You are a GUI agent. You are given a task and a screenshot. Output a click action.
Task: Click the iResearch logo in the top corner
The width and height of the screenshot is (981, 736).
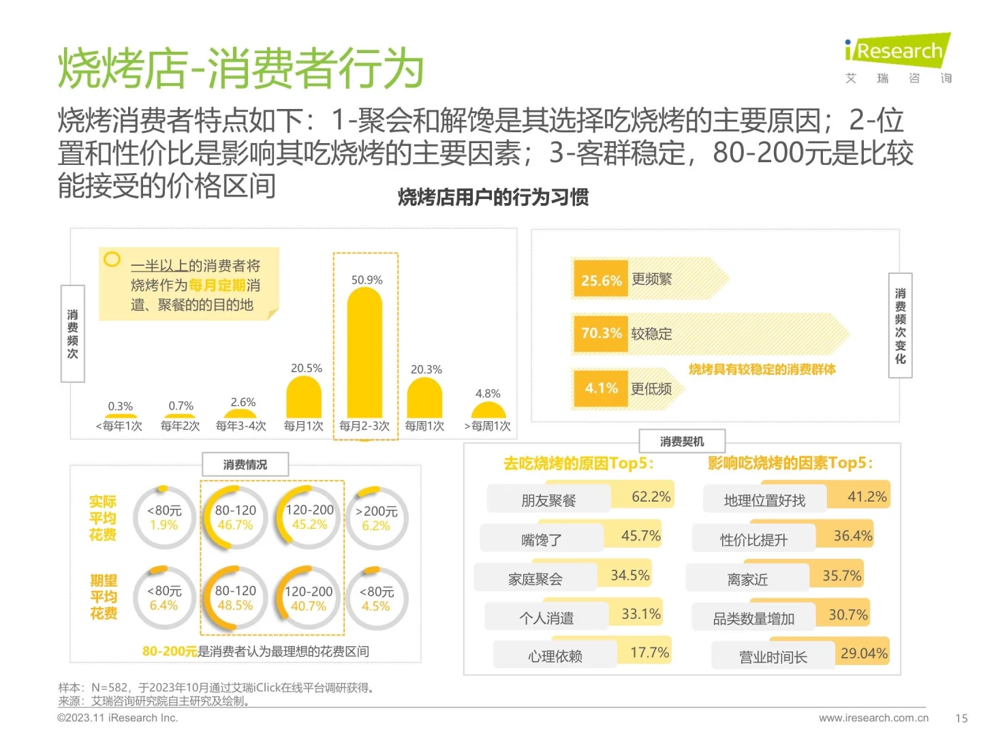click(897, 52)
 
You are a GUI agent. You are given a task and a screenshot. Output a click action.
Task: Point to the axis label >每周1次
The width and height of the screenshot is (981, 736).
click(487, 426)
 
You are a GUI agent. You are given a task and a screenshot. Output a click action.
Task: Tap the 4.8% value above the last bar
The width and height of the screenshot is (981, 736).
click(488, 394)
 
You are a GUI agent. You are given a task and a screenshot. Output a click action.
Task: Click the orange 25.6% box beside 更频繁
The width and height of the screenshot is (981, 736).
click(600, 280)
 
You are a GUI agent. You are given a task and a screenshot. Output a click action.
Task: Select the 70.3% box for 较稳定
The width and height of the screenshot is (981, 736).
click(600, 333)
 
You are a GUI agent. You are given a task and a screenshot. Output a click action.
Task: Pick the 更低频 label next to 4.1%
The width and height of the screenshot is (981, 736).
click(651, 388)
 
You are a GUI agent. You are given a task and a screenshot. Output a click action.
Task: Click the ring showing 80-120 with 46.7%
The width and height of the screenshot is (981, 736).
click(235, 518)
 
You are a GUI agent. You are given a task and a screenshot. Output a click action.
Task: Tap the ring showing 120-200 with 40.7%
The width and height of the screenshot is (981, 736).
click(309, 598)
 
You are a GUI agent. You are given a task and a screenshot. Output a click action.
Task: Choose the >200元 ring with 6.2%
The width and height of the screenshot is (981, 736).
click(376, 518)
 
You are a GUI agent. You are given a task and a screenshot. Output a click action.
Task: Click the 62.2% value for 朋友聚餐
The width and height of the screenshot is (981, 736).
click(651, 497)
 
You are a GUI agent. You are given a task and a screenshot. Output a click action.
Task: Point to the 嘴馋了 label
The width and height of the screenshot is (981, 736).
click(542, 540)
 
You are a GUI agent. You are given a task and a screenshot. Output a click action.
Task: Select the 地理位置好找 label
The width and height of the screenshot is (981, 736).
click(764, 501)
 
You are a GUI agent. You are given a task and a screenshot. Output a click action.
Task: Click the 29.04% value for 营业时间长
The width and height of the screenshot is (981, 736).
click(864, 654)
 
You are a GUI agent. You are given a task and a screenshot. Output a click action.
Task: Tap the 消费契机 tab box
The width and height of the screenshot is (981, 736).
click(682, 442)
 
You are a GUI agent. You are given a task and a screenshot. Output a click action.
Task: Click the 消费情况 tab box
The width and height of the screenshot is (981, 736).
click(245, 465)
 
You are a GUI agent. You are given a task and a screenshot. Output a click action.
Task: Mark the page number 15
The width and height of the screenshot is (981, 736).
click(961, 718)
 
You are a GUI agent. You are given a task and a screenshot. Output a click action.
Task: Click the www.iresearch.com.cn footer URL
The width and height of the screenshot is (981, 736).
click(873, 718)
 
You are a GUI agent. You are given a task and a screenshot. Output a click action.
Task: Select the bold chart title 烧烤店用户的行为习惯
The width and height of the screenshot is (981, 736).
click(493, 198)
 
